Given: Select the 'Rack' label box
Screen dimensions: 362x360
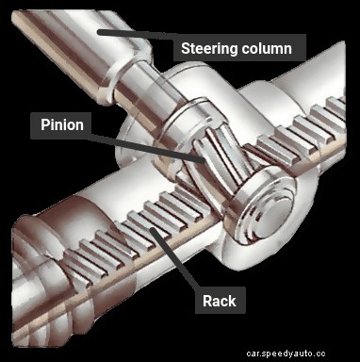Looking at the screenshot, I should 220,302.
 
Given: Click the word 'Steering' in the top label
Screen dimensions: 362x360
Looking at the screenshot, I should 211,47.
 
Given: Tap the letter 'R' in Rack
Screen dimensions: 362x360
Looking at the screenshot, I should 206,302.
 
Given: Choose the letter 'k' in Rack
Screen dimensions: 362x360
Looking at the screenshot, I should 233,302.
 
